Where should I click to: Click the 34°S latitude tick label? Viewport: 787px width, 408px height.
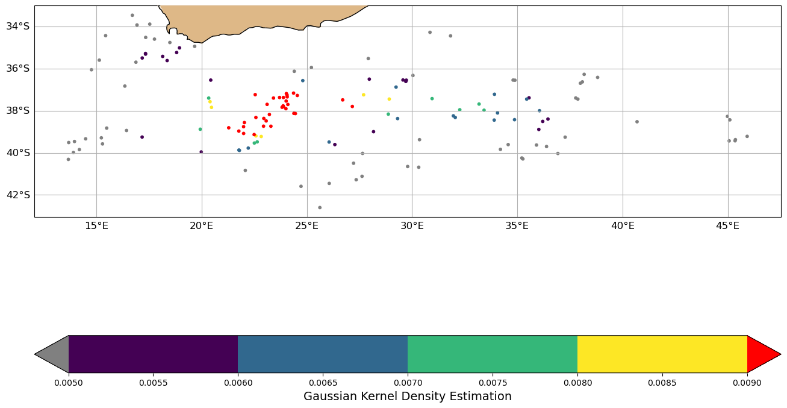pos(18,27)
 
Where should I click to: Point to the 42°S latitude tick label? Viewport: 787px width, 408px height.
pos(18,195)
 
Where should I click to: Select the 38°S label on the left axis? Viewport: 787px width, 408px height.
pos(18,111)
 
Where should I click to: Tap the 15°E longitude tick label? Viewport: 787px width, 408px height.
pos(96,226)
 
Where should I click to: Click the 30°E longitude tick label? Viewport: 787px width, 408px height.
pos(412,226)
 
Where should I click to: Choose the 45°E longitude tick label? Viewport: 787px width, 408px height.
pos(727,226)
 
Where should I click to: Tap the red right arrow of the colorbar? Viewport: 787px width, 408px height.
pos(762,354)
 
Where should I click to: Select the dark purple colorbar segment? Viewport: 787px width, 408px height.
pos(153,354)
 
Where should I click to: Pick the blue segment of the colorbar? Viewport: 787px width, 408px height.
pos(323,354)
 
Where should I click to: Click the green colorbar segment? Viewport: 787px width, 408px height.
pos(493,354)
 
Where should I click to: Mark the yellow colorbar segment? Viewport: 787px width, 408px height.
pos(662,354)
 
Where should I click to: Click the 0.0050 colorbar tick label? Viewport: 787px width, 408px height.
pos(69,383)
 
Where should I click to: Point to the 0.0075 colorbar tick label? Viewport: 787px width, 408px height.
pos(493,383)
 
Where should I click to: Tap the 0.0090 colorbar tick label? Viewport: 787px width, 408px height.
pos(747,383)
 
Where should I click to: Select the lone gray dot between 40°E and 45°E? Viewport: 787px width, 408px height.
pos(637,122)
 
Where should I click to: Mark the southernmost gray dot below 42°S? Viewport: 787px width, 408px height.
pos(320,207)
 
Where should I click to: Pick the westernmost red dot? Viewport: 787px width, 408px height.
pos(229,128)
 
